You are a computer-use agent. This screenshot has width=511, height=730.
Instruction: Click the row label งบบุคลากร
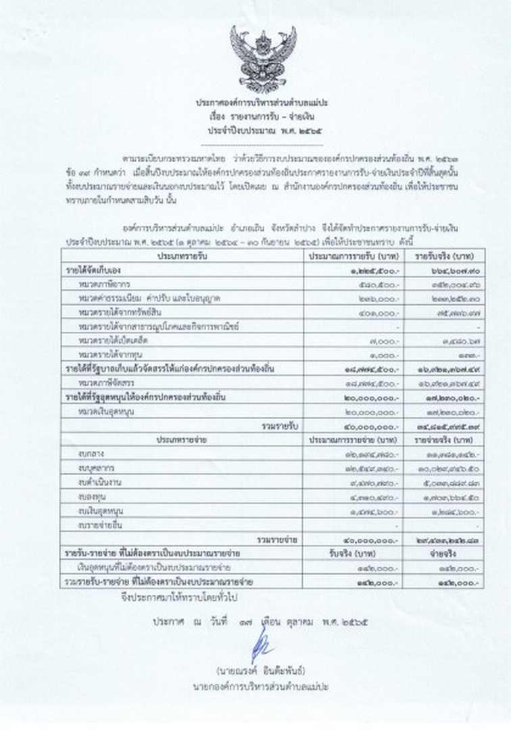95,468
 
